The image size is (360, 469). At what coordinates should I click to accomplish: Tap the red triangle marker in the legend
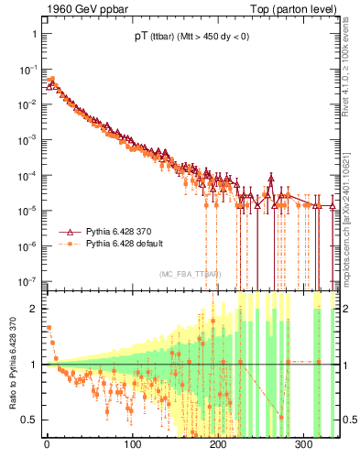click(x=70, y=233)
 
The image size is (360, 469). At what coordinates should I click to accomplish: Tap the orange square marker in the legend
click(x=70, y=245)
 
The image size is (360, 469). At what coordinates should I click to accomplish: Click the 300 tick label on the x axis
click(x=304, y=445)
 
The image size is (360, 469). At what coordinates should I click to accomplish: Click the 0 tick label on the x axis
click(x=47, y=445)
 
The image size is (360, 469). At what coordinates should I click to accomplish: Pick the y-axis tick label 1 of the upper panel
click(x=33, y=34)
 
